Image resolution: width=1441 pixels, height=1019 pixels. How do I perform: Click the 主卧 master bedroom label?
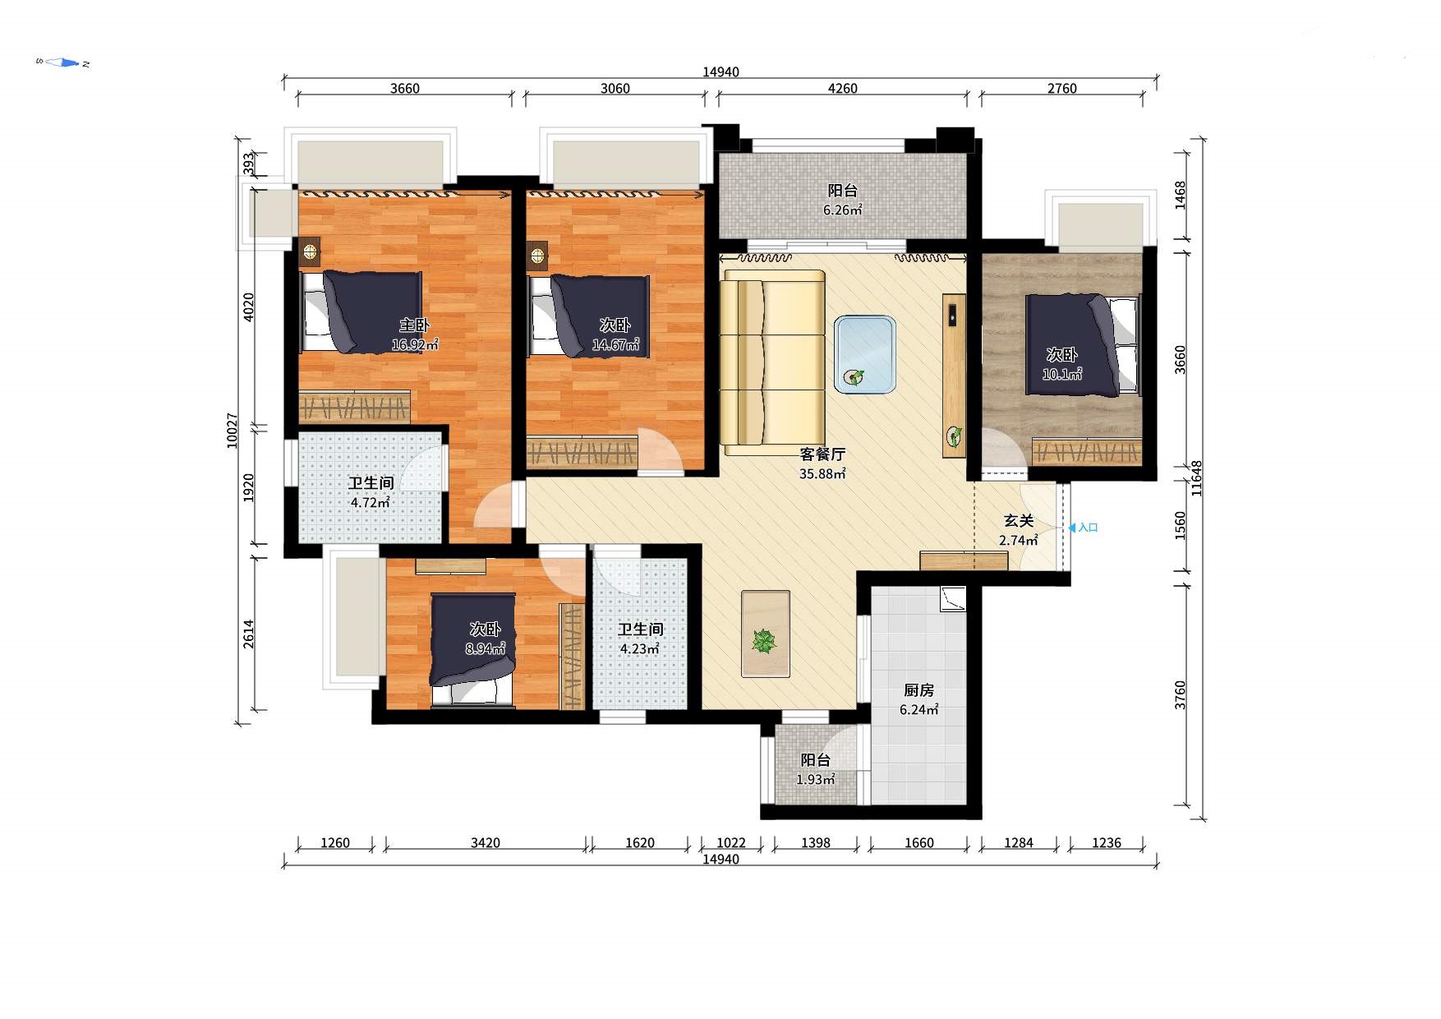[x=415, y=325]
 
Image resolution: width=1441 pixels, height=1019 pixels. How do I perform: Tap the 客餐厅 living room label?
[x=822, y=454]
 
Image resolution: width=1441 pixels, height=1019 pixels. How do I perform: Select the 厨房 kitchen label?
[x=919, y=690]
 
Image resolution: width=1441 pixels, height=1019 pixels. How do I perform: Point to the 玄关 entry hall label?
[x=1019, y=521]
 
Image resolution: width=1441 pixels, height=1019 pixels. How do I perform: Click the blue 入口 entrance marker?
[x=1084, y=528]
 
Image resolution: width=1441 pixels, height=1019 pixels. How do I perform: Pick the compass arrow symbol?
[x=63, y=62]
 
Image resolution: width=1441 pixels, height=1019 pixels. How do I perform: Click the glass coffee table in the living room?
[x=865, y=355]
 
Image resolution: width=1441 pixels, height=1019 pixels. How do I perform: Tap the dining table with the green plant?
[x=766, y=634]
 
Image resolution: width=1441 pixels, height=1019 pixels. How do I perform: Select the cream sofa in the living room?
[x=773, y=362]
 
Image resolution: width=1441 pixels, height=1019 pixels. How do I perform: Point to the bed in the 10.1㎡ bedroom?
[x=1083, y=345]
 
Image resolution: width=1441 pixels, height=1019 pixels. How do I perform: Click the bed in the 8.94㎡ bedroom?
[x=473, y=650]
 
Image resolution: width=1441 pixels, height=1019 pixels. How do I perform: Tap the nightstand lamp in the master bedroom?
[x=310, y=252]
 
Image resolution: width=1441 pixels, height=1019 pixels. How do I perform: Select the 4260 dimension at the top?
[x=843, y=89]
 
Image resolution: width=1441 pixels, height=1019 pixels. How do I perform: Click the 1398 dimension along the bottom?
[x=816, y=843]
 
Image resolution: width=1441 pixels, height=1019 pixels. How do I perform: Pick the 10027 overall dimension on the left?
[x=232, y=431]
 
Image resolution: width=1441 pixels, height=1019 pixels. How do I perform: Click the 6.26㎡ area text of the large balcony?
[x=843, y=210]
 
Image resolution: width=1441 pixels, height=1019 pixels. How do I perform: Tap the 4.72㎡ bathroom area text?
[x=371, y=503]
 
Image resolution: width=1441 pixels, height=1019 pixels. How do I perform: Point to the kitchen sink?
[x=953, y=599]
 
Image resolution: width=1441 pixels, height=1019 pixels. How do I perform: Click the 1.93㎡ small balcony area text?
[x=816, y=780]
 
